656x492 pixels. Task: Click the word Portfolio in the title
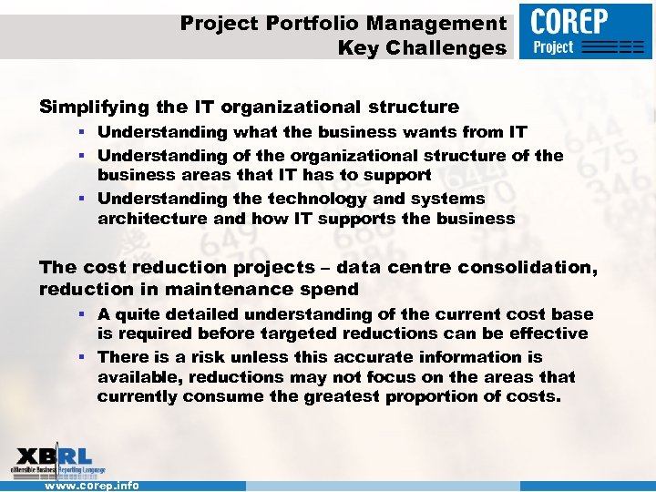[308, 23]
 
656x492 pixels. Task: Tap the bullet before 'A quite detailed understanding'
[82, 314]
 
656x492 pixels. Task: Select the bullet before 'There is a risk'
[82, 357]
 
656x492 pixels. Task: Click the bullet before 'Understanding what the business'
[82, 133]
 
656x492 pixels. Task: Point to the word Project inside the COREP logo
[553, 46]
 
